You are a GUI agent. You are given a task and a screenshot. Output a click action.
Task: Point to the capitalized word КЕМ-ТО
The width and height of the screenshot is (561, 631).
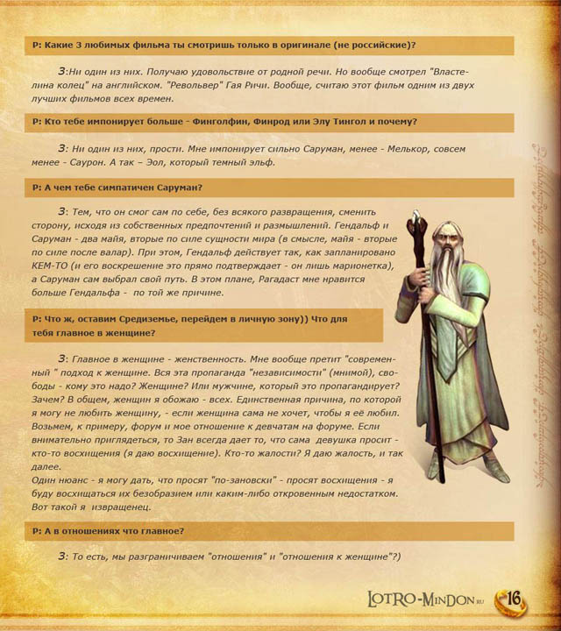click(x=53, y=265)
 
